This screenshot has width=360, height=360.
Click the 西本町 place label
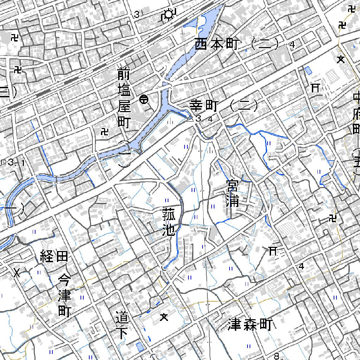pos(217,45)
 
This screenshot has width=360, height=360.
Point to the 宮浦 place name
pos(233,193)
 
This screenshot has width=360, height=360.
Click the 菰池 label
pos(169,221)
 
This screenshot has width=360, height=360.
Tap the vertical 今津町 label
pos(65,295)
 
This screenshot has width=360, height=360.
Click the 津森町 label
pos(250,325)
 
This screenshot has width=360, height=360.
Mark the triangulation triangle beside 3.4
pos(190,119)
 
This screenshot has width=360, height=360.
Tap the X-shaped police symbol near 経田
pos(17,272)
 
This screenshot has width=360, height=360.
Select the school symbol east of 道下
pos(163,317)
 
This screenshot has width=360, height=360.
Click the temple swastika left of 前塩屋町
pos(104,132)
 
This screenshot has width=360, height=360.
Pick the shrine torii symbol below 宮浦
pos(273,251)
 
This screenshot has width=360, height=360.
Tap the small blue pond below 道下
pos(140,347)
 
